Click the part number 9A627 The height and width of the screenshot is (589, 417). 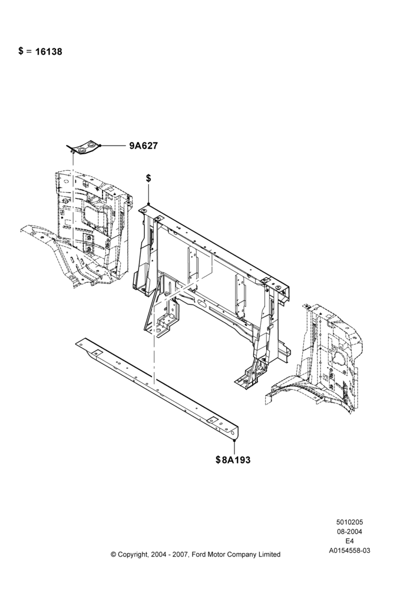click(x=144, y=145)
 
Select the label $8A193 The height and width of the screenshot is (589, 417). click(x=233, y=459)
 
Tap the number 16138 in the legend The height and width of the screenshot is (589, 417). click(x=49, y=51)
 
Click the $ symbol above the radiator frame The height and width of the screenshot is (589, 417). click(x=149, y=178)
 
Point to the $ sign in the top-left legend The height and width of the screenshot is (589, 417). click(x=21, y=51)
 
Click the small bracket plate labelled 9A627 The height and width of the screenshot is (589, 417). click(x=84, y=148)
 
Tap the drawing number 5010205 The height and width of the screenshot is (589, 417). click(x=349, y=522)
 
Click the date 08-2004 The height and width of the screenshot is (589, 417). click(x=349, y=531)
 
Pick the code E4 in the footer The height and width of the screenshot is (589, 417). click(x=349, y=541)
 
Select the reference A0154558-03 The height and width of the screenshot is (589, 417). click(x=349, y=551)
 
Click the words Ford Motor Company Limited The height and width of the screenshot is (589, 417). click(x=236, y=554)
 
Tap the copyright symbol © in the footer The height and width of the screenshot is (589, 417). click(x=114, y=554)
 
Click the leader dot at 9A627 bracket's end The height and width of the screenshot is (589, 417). click(x=100, y=145)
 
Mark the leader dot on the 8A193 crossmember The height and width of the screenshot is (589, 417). click(x=234, y=440)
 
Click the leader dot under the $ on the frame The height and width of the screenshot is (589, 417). click(x=149, y=204)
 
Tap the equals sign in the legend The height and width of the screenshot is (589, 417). click(x=29, y=51)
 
